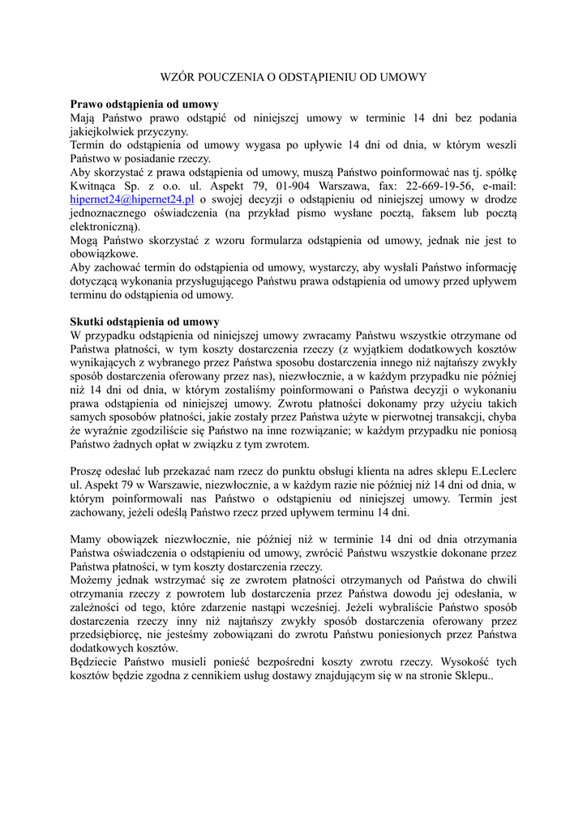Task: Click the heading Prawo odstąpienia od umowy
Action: point(144,105)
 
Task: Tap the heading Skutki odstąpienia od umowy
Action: point(144,321)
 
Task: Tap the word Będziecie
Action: point(97,662)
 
